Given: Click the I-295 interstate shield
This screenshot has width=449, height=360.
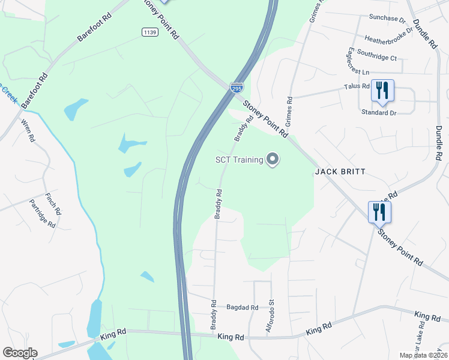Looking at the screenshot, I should click(x=237, y=88).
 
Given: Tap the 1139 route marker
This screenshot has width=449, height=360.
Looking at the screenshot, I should click(x=149, y=32).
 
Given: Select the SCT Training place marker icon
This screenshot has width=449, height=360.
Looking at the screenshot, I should click(x=273, y=159).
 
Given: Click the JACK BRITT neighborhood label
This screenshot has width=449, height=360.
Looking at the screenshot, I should click(x=340, y=172).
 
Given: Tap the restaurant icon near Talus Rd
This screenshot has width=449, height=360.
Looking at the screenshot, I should click(x=382, y=91).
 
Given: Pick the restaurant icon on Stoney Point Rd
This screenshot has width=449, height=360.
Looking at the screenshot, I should click(x=379, y=212).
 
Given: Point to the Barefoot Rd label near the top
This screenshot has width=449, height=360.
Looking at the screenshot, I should click(x=94, y=28).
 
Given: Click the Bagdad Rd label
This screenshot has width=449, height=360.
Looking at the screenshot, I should click(x=243, y=307).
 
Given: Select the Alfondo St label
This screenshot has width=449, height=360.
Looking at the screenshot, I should click(x=270, y=316).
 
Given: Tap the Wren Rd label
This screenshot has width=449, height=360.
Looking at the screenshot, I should click(x=27, y=130).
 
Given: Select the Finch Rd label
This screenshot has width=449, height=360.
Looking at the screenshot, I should click(x=53, y=204).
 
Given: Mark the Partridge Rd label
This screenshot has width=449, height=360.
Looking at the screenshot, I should click(x=43, y=214).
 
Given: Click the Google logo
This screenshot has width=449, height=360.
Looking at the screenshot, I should click(x=20, y=353).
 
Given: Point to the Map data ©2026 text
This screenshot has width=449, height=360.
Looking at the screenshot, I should click(x=423, y=355).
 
